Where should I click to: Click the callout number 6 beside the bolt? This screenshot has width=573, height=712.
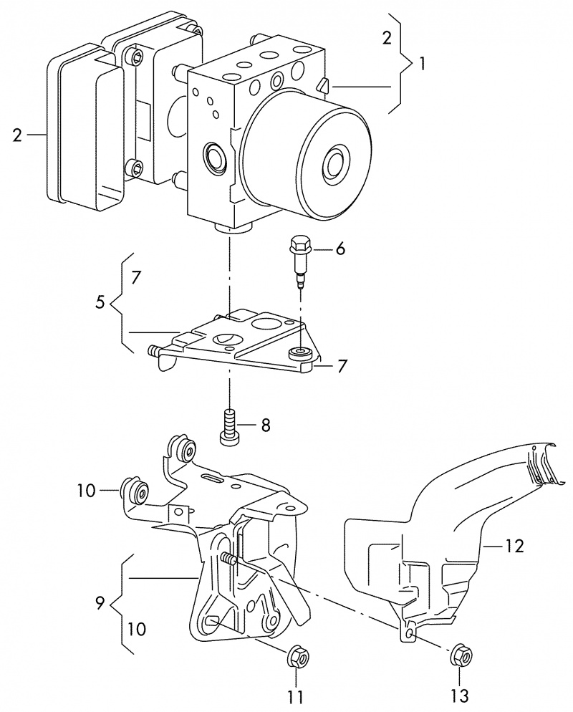340,249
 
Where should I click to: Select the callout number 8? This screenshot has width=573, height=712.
265,425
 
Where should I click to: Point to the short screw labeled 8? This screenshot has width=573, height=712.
230,428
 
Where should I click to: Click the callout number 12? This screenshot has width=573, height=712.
514,547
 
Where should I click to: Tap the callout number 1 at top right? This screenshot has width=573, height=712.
423,63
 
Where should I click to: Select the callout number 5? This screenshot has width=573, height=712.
100,303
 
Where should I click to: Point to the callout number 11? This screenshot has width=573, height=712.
295,695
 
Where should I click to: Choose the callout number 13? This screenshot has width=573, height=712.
458,695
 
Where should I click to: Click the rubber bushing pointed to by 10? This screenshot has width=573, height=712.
138,491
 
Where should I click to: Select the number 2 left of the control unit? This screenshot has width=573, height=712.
18,135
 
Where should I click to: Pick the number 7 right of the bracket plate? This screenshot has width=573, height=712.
342,366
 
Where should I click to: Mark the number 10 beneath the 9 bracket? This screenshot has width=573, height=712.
137,630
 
